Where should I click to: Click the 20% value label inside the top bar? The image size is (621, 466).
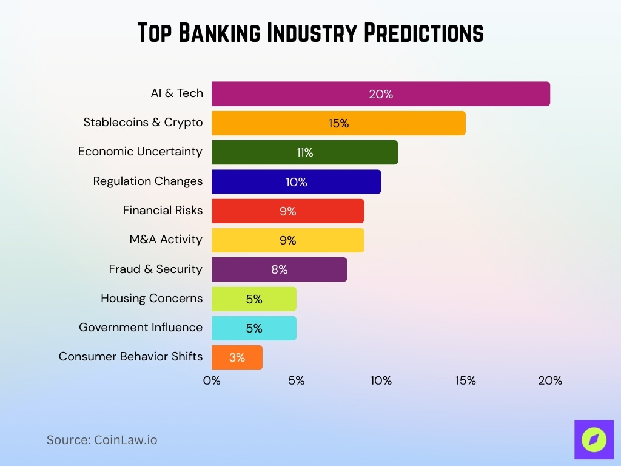(x=381, y=94)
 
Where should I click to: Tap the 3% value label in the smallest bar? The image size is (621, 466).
(x=237, y=357)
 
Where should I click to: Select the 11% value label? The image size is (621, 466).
(x=305, y=152)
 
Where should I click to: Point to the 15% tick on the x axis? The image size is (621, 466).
(x=466, y=381)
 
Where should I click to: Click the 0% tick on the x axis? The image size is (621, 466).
(x=212, y=381)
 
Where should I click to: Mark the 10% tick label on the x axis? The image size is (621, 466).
(x=381, y=381)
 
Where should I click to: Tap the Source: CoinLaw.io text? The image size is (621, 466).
(x=102, y=440)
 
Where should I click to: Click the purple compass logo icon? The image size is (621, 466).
(x=594, y=440)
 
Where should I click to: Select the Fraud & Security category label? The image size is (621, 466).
(x=155, y=269)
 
